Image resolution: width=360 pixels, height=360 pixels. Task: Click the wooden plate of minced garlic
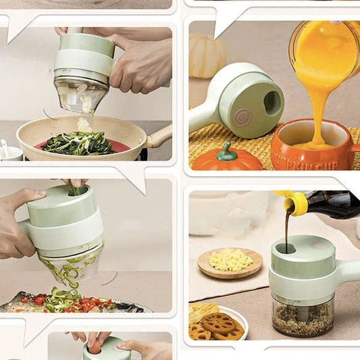click(230, 261)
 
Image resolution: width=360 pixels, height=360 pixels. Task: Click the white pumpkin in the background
click(205, 55)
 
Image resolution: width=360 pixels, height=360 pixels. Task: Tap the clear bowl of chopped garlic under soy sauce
click(302, 316)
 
